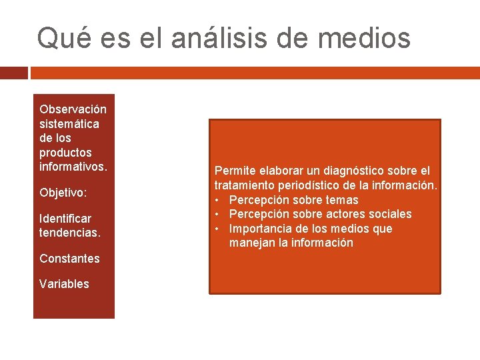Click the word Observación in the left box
[73, 109]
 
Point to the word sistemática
[69, 123]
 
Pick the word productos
[65, 153]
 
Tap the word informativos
[73, 167]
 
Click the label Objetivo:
[63, 193]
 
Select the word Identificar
[65, 218]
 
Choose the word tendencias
[69, 233]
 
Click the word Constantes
[69, 259]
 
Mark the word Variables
[64, 284]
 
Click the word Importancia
[260, 229]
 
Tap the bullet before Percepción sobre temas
[217, 200]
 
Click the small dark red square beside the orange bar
[13, 72]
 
